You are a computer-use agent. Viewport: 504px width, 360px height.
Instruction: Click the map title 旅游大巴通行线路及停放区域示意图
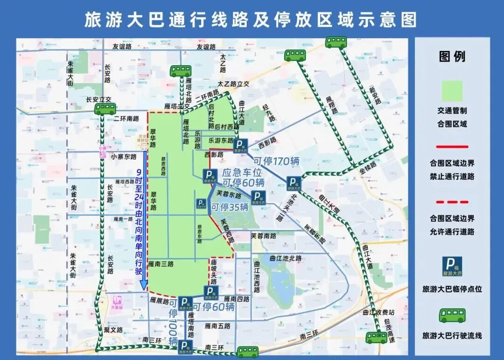coord(251,19)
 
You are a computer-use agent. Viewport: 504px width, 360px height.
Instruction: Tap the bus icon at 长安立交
coord(105,109)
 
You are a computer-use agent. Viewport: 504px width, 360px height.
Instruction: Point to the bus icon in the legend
coord(452,316)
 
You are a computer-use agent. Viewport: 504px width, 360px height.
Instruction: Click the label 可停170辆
coord(277,162)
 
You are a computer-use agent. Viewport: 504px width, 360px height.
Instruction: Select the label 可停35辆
coord(230,207)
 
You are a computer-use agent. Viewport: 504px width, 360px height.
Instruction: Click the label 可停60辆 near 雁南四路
coord(213,307)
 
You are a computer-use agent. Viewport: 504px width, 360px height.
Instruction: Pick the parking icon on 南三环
coord(185,346)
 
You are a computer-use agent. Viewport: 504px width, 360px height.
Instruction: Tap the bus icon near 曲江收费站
coord(376,337)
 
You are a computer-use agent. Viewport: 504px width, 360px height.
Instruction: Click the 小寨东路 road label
coord(124,157)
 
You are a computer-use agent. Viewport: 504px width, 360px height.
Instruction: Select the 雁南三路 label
coord(161,264)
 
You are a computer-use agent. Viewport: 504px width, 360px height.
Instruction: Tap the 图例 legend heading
coord(452,57)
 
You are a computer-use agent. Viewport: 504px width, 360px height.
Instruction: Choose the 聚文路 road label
coord(113,330)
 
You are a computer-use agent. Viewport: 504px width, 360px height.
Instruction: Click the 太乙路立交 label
coord(233,84)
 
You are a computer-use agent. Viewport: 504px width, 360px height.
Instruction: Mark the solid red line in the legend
coord(452,147)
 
